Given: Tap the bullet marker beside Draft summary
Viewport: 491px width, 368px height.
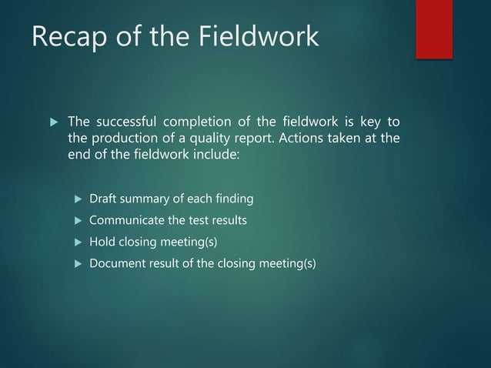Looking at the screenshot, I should click(x=77, y=200).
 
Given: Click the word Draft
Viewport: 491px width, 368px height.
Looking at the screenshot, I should click(x=104, y=200).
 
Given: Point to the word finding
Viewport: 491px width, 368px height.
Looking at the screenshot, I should click(x=232, y=200).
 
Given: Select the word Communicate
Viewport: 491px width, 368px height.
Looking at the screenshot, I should click(x=126, y=221).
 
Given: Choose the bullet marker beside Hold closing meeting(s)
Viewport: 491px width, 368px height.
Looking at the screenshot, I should click(x=77, y=243).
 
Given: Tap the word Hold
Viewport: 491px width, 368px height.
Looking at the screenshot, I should click(x=102, y=243).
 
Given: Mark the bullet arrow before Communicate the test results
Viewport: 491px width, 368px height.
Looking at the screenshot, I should click(x=77, y=221).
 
